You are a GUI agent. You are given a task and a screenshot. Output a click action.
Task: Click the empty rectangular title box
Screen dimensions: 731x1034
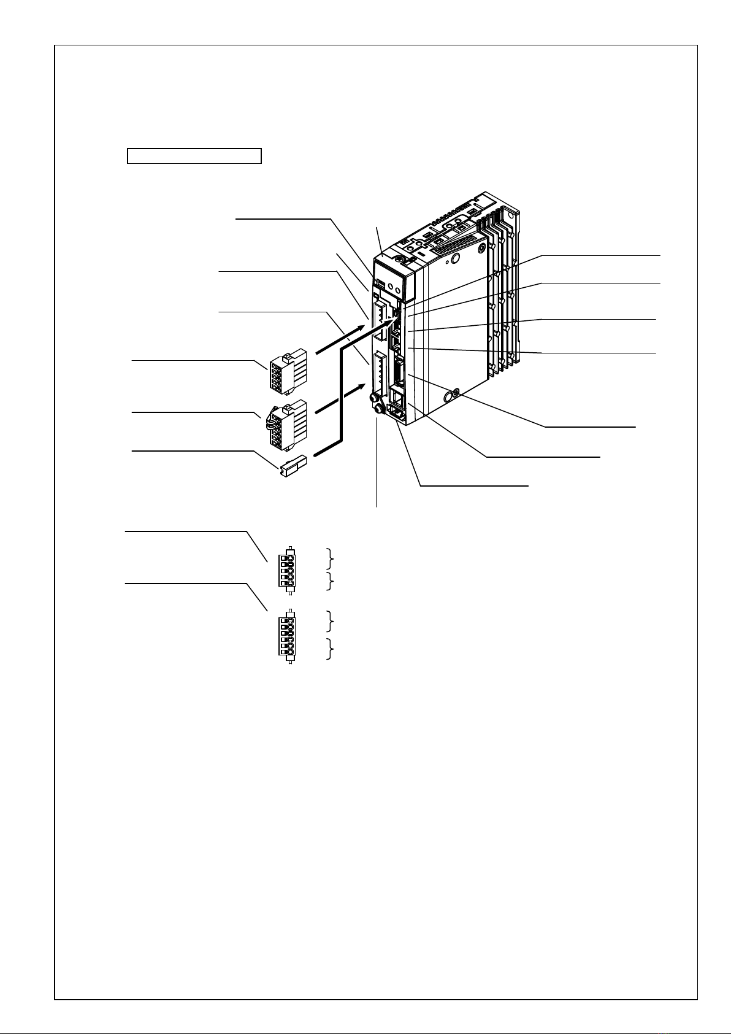pyautogui.click(x=194, y=156)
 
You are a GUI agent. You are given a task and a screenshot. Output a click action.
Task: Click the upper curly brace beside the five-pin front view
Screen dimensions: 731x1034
pyautogui.click(x=331, y=558)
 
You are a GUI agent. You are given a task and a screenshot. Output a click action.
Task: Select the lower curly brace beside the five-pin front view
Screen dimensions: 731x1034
pyautogui.click(x=331, y=581)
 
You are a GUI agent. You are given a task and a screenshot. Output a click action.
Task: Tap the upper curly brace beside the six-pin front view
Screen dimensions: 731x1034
pyautogui.click(x=331, y=621)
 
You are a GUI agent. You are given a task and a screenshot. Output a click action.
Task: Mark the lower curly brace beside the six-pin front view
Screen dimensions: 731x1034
pyautogui.click(x=331, y=649)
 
